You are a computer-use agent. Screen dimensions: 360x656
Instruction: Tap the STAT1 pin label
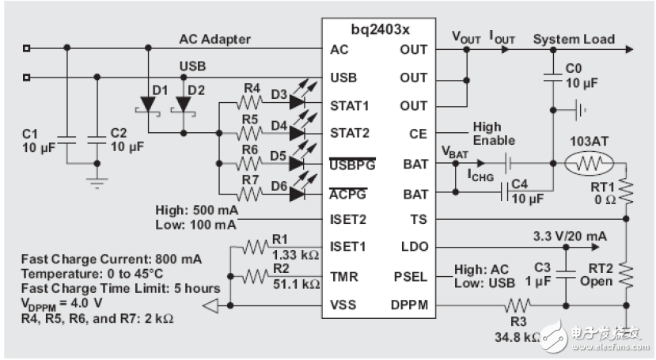(348, 104)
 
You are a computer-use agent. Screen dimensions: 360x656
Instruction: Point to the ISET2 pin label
(348, 219)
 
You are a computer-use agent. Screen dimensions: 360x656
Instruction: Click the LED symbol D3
(298, 101)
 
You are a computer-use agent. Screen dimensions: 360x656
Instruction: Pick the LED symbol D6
(298, 192)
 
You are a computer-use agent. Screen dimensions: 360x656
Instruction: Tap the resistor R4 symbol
(251, 102)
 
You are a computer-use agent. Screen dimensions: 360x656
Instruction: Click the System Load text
(574, 39)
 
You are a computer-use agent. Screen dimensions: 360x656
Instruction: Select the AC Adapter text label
(214, 40)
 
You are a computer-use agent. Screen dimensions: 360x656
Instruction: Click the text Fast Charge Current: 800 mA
(112, 259)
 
